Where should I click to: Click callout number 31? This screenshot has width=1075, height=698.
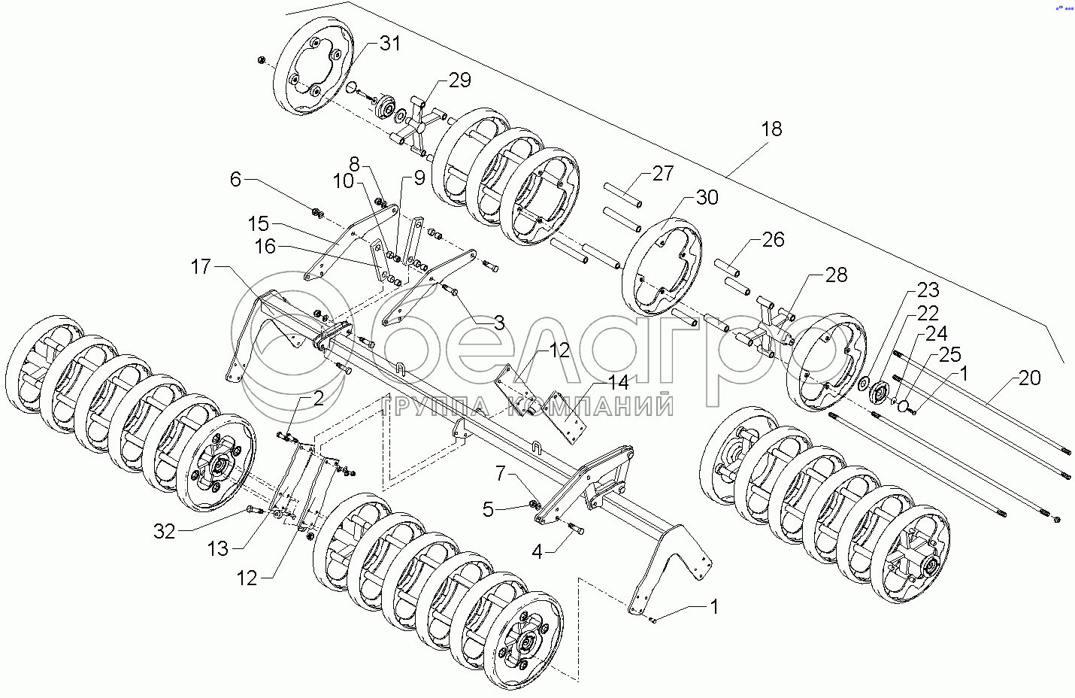click(x=389, y=44)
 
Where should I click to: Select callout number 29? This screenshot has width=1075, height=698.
click(x=459, y=79)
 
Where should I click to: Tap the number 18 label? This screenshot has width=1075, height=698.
click(x=771, y=129)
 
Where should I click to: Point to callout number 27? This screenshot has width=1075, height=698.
click(x=662, y=174)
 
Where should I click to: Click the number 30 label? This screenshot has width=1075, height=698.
click(x=707, y=198)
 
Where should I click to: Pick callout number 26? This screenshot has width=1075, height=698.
click(x=773, y=240)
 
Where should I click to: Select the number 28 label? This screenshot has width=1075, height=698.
click(x=836, y=275)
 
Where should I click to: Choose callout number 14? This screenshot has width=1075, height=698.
click(x=618, y=382)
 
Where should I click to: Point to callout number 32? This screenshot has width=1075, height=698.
click(x=165, y=531)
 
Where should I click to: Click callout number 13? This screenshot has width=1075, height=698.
click(x=218, y=550)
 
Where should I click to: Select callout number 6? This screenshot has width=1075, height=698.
click(x=236, y=179)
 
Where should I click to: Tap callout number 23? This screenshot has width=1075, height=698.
click(x=928, y=290)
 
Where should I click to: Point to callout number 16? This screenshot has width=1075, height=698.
click(x=265, y=247)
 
